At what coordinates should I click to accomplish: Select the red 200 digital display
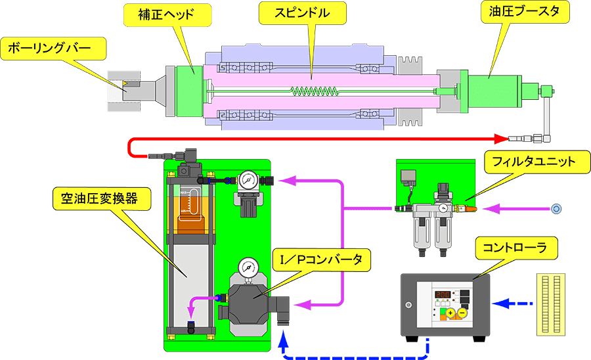[x=443, y=295]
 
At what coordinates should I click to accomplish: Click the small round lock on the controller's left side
[x=408, y=304]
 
